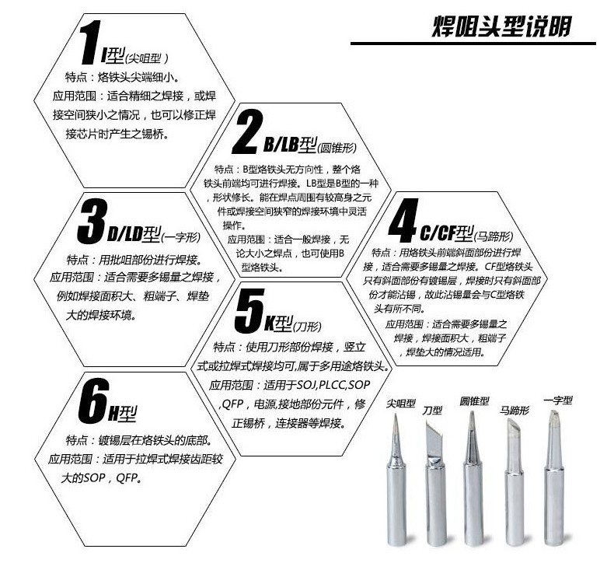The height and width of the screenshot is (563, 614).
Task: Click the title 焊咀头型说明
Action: tap(501, 26)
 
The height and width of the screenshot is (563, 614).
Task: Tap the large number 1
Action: tap(89, 42)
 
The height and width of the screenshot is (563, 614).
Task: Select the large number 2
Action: tap(246, 131)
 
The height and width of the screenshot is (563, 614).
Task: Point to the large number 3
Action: tap(92, 221)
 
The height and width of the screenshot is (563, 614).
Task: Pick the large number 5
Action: tap(249, 310)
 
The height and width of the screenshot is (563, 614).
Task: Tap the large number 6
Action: tap(92, 400)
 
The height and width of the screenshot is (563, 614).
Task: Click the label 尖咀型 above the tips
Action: tap(400, 403)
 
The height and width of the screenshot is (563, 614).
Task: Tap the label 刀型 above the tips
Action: tap(432, 411)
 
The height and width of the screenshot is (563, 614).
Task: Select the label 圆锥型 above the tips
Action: tap(474, 400)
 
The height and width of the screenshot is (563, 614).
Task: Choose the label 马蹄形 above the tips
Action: tap(515, 411)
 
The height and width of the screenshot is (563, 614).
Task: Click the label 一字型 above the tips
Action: tap(558, 400)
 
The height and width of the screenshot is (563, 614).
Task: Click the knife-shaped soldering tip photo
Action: tap(435, 483)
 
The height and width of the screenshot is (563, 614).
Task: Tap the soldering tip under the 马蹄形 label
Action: tap(515, 482)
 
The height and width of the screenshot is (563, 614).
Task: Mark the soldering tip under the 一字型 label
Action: tap(555, 478)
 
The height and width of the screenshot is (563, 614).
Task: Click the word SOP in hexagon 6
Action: tap(94, 478)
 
